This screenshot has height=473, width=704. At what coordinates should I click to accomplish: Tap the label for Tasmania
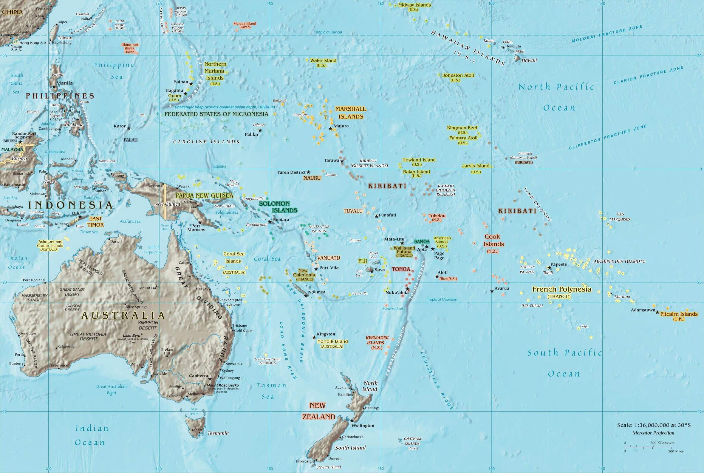pyautogui.click(x=218, y=433)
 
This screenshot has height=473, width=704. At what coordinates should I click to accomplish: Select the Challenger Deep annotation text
pyautogui.click(x=225, y=107)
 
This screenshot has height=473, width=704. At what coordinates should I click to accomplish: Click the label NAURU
pyautogui.click(x=312, y=178)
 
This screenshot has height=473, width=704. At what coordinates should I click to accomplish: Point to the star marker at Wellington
pyautogui.click(x=351, y=420)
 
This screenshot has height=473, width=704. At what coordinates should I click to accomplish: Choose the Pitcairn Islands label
pyautogui.click(x=679, y=314)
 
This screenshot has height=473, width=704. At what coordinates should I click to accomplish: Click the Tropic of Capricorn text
pyautogui.click(x=442, y=300)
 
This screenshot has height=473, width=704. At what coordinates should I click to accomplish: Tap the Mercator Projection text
pyautogui.click(x=653, y=433)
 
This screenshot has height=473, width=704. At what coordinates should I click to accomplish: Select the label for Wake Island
pyautogui.click(x=323, y=61)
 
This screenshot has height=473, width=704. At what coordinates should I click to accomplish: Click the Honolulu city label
pyautogui.click(x=513, y=47)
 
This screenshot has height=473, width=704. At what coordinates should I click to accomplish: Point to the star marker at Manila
pyautogui.click(x=54, y=87)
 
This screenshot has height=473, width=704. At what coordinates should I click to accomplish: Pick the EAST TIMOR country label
pyautogui.click(x=95, y=222)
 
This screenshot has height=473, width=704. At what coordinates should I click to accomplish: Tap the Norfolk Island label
pyautogui.click(x=333, y=341)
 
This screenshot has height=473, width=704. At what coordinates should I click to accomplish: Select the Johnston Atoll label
pyautogui.click(x=458, y=76)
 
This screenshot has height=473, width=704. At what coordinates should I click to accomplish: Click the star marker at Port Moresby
pyautogui.click(x=199, y=222)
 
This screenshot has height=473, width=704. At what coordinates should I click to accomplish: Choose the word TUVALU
pyautogui.click(x=353, y=211)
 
